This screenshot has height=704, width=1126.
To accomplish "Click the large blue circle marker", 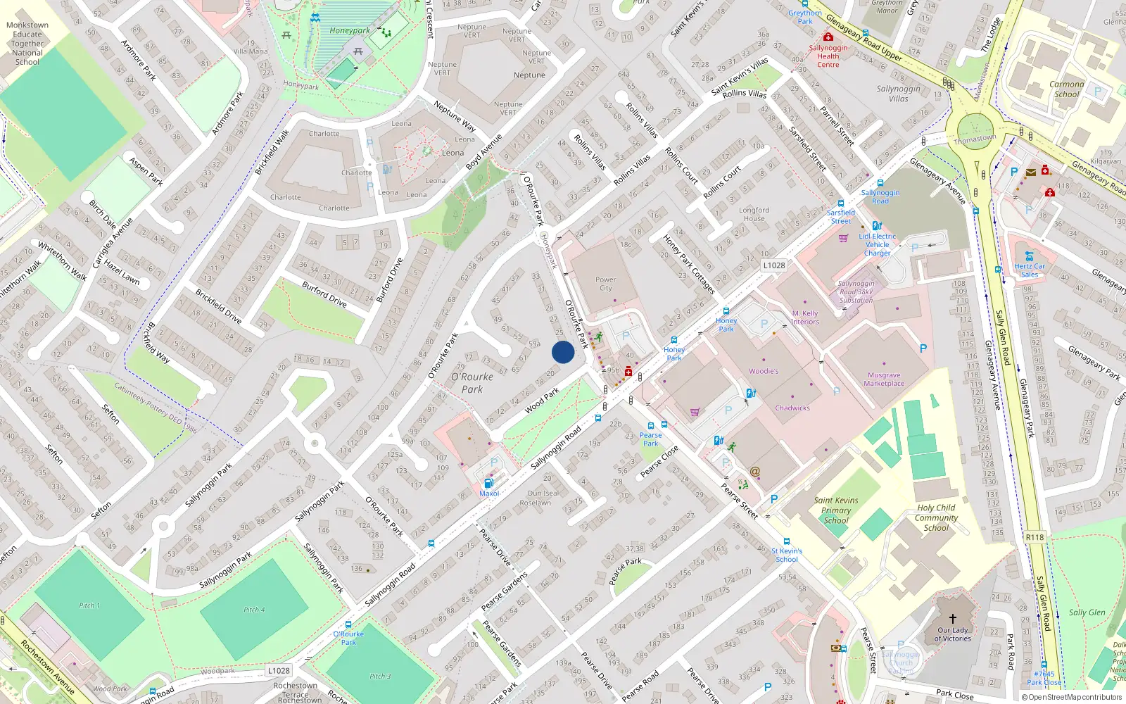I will point(563,352).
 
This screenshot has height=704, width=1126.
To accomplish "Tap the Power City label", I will point(605,284).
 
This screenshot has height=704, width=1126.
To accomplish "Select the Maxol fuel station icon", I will point(488,483).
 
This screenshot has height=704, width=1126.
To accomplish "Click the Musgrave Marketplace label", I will point(884,379).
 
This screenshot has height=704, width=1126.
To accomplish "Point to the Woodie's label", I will point(764,371).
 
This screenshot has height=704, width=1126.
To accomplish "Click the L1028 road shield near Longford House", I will point(773,265).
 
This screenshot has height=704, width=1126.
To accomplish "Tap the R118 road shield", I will point(1035,537).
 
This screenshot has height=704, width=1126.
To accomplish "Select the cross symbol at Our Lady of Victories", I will point(952,618).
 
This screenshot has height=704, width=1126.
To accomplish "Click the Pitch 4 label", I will point(254,610).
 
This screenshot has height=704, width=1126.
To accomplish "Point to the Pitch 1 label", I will point(89,605).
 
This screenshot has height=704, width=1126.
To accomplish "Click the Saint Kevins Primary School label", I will point(836,510).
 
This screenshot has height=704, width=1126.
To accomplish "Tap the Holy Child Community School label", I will point(936,517).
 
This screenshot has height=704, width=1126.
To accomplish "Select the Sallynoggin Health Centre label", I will point(828,56).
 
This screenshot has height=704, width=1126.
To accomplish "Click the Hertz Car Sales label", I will point(1030,270).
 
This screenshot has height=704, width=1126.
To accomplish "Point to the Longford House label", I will point(754,214).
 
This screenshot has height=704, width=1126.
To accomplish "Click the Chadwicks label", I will point(792,408).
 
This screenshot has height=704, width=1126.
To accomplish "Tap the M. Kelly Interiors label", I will point(805,318).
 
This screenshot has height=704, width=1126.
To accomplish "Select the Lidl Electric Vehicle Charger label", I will point(878,244).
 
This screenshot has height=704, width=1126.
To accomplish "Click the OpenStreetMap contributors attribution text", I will point(1071,697).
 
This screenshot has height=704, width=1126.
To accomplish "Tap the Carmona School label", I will point(1066,89).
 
